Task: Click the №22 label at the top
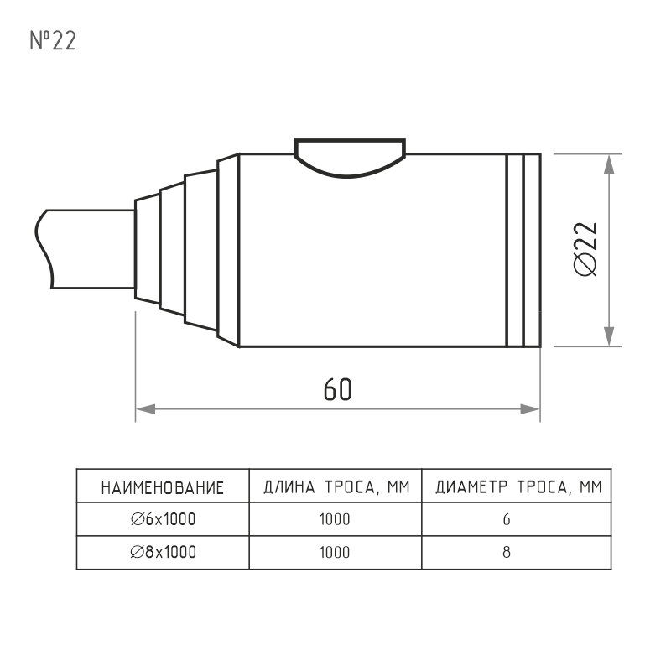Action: point(53,41)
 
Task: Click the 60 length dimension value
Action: point(338,389)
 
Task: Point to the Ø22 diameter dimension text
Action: point(585,249)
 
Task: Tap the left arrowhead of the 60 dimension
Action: point(145,409)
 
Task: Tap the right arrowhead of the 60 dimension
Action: point(530,409)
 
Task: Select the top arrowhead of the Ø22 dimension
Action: point(609,164)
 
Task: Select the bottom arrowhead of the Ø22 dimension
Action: point(609,336)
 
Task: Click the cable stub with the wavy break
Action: point(85,248)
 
